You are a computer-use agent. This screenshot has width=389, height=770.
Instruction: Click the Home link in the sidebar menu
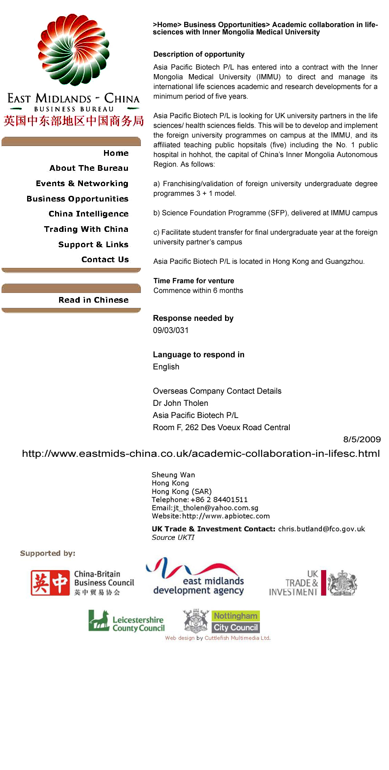click(116, 153)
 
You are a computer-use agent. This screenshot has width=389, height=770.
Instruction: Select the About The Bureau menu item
click(89, 168)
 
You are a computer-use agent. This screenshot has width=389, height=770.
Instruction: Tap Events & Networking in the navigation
click(82, 183)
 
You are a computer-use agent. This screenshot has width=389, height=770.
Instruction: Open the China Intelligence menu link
click(88, 214)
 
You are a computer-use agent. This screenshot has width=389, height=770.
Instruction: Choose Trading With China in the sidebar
click(86, 229)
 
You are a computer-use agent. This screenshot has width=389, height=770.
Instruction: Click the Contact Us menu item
click(105, 259)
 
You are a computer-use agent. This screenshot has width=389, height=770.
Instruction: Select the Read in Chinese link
click(93, 300)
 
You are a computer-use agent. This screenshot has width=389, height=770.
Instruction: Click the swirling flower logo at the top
click(74, 49)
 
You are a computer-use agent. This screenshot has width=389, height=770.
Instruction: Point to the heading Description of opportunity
click(199, 54)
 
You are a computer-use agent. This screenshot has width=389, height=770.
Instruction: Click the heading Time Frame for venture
click(193, 281)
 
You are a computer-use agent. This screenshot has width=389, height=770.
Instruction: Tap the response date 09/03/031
click(170, 330)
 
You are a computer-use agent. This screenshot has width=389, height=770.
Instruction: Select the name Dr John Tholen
click(180, 403)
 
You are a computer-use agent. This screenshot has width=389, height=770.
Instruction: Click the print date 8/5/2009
click(361, 439)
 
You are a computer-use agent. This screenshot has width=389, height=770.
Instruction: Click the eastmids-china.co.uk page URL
click(201, 454)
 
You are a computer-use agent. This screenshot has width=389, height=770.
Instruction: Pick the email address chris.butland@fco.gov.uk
click(321, 529)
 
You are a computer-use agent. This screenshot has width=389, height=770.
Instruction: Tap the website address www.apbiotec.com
click(225, 516)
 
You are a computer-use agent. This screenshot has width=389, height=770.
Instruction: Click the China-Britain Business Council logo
click(82, 583)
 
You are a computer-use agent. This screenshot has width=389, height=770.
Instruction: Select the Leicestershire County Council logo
click(126, 622)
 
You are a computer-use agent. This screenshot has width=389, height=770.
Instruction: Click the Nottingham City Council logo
click(221, 622)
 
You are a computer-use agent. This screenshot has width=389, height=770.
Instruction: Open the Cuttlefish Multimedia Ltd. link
click(237, 638)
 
